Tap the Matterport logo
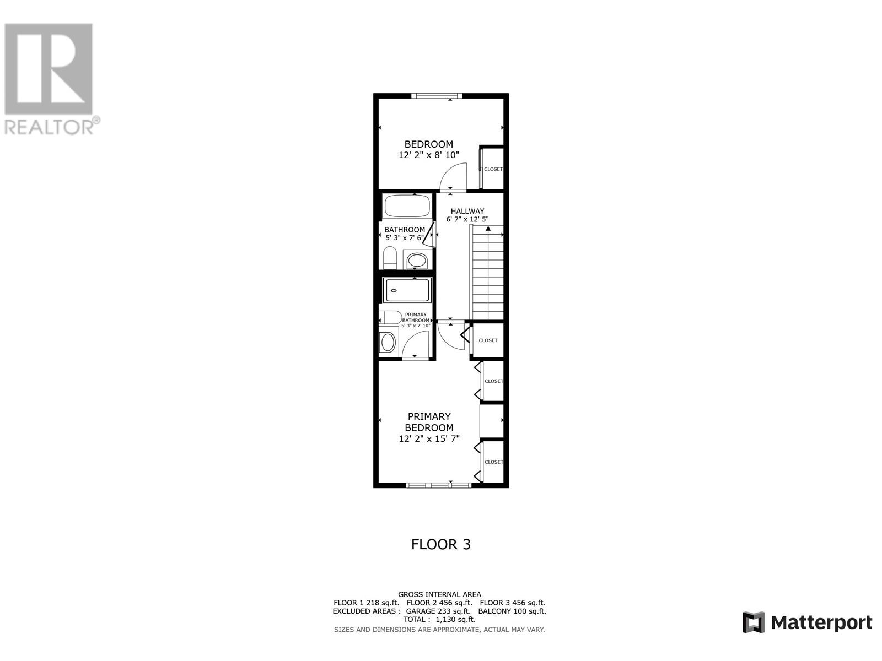[807, 622]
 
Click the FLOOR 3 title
[440, 544]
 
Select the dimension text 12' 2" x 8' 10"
[429, 155]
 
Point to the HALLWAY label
[467, 211]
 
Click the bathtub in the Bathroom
[407, 207]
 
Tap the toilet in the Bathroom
[390, 258]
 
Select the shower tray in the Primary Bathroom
[407, 290]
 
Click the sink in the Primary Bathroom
[388, 342]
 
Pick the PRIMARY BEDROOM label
[429, 422]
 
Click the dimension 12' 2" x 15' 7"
[429, 439]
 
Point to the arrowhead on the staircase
[488, 228]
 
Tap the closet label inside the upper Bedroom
[493, 169]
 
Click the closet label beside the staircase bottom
[488, 340]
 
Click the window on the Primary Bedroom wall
[439, 485]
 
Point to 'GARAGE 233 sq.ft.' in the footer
[438, 611]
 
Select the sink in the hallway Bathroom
[417, 260]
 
